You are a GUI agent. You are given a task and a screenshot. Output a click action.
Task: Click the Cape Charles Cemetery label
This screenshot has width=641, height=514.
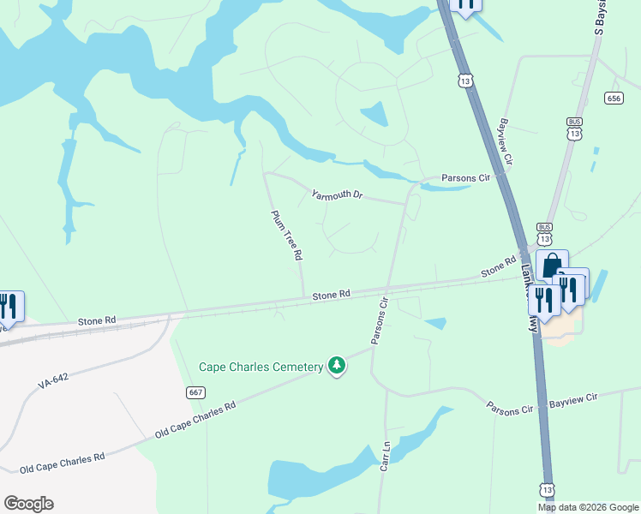pos(261,367)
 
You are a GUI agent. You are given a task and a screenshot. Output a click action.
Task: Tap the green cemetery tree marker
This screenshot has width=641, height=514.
pos(338,366)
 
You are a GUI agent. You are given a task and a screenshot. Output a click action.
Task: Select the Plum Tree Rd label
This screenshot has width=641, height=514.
pos(287,236)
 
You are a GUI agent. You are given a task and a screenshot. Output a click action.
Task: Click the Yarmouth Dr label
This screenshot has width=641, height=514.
pos(338,194)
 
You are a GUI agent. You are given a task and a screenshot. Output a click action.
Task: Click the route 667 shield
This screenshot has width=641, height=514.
pos(195,391)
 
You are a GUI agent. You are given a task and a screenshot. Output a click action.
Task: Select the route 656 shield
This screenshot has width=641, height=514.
pos(613,98)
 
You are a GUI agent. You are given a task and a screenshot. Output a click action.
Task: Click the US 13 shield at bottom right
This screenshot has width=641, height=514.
pos(547,488)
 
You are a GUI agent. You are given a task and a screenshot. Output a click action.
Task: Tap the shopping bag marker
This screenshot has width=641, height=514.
pos(552,265)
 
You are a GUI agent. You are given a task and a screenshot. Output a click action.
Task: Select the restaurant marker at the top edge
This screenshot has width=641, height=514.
pos(465,5)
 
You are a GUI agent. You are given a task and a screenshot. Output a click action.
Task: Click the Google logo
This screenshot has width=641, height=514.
pos(28,504)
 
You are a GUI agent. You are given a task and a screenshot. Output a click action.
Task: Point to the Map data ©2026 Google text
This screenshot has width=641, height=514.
pos(588,507)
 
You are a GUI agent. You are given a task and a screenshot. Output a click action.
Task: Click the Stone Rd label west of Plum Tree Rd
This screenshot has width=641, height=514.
pos(97,321)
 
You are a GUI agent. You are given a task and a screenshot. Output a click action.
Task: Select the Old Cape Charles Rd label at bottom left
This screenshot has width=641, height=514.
pos(62,463)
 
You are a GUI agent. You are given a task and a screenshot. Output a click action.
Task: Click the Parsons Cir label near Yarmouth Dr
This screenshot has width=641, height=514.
pos(464,178)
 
